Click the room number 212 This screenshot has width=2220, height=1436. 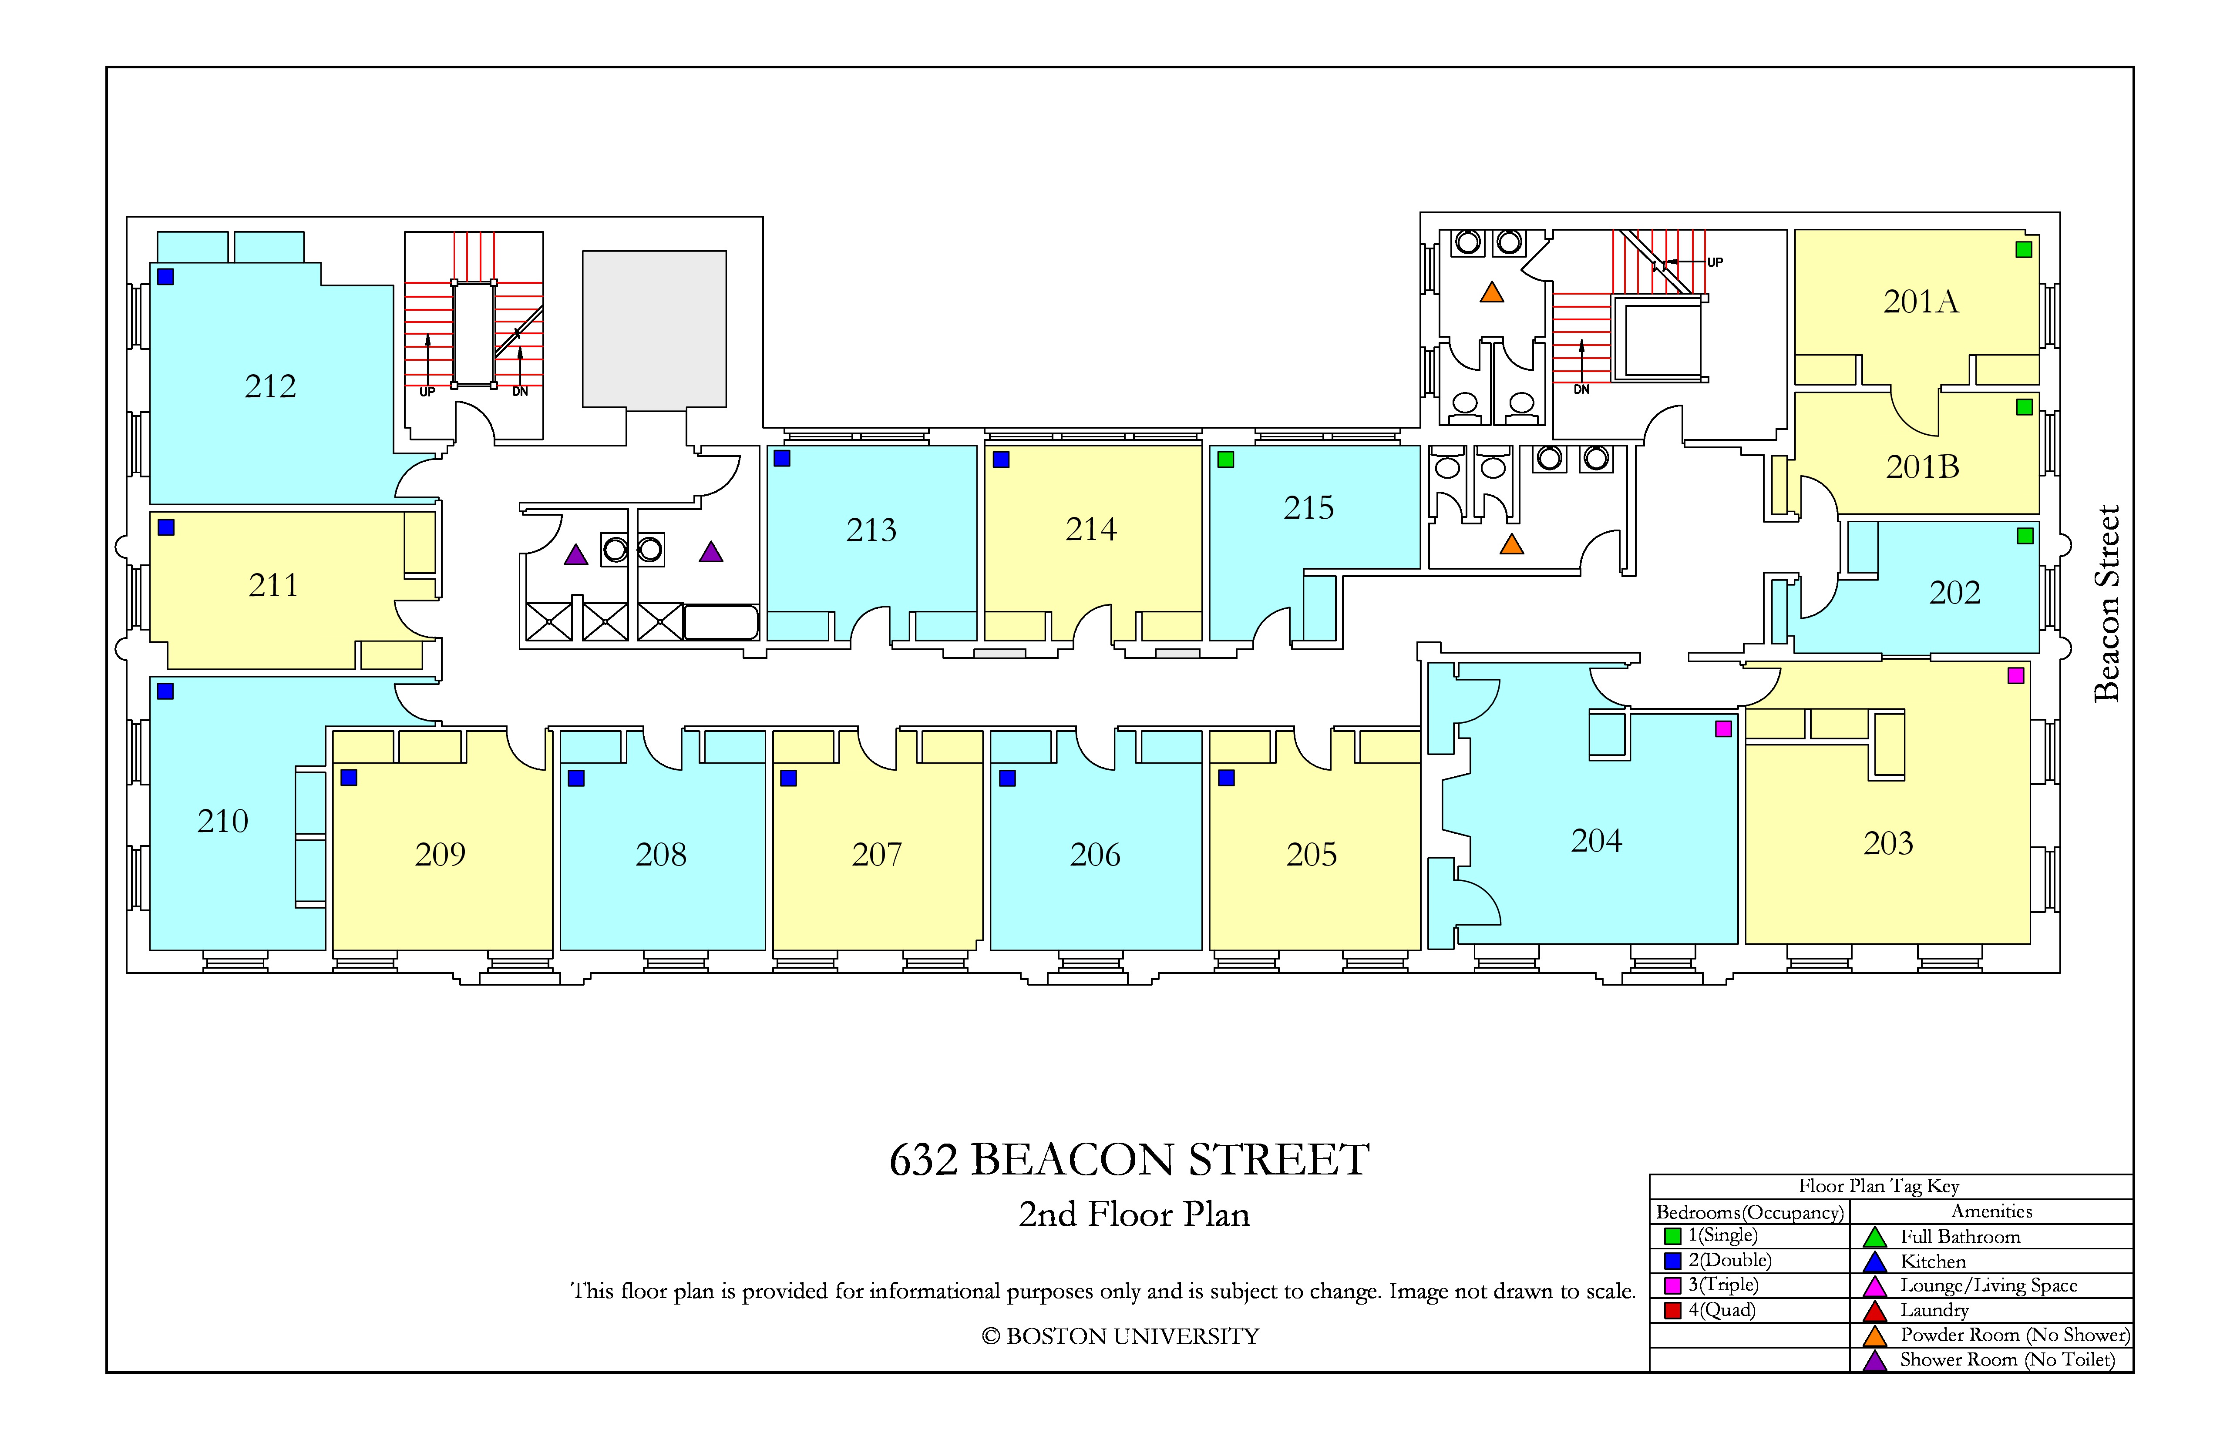(270, 386)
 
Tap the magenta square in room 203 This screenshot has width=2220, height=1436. (2016, 675)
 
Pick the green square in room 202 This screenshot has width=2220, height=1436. (2025, 535)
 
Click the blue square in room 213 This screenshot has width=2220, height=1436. (782, 458)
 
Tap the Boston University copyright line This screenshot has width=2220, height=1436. (1120, 1336)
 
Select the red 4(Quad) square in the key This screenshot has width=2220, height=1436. (1672, 1310)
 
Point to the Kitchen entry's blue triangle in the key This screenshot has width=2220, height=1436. (1875, 1262)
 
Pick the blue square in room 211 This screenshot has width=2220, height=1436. (166, 527)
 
